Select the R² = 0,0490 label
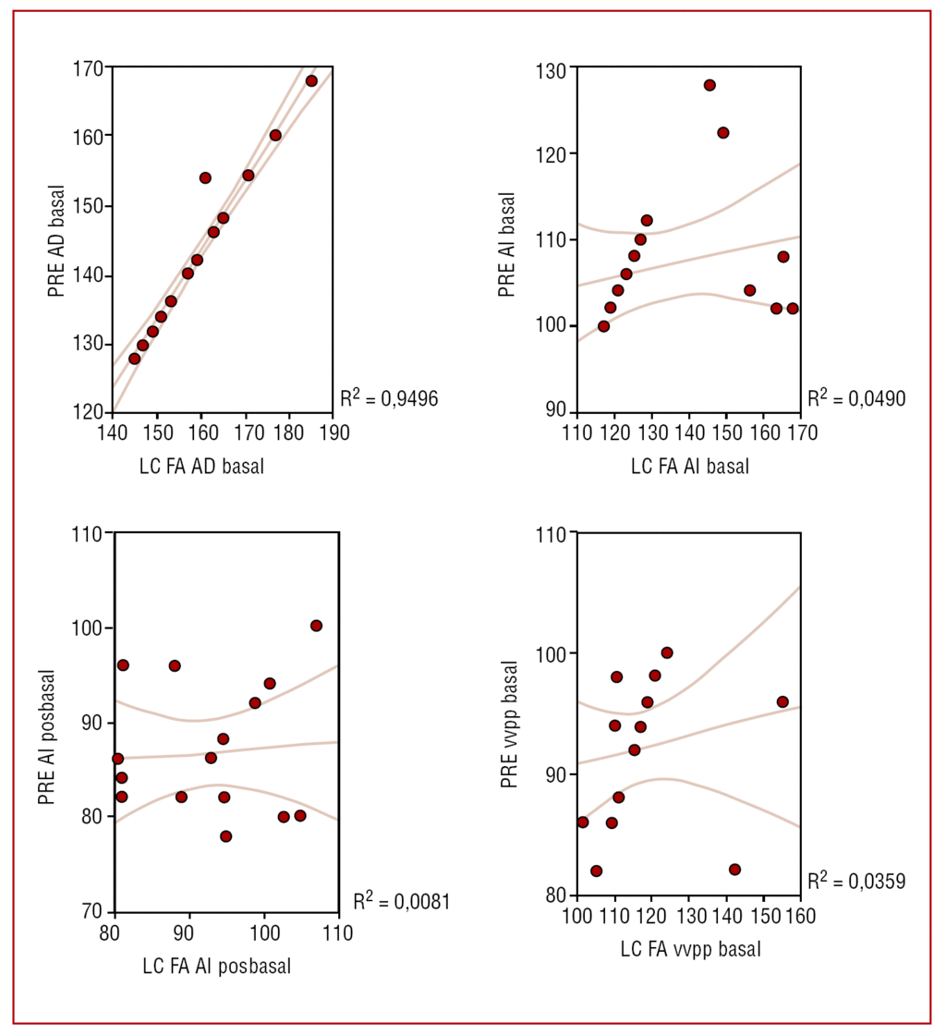click(x=855, y=398)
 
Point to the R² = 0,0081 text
click(x=401, y=900)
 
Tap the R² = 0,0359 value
click(x=855, y=881)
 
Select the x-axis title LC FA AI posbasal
click(x=218, y=967)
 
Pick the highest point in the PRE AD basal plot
click(x=311, y=81)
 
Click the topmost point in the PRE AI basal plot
click(x=709, y=85)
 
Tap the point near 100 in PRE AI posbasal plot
click(x=316, y=626)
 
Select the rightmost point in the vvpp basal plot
click(x=782, y=702)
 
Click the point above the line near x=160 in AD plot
click(x=205, y=177)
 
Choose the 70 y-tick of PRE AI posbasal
click(x=92, y=911)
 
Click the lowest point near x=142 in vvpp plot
click(x=734, y=870)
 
